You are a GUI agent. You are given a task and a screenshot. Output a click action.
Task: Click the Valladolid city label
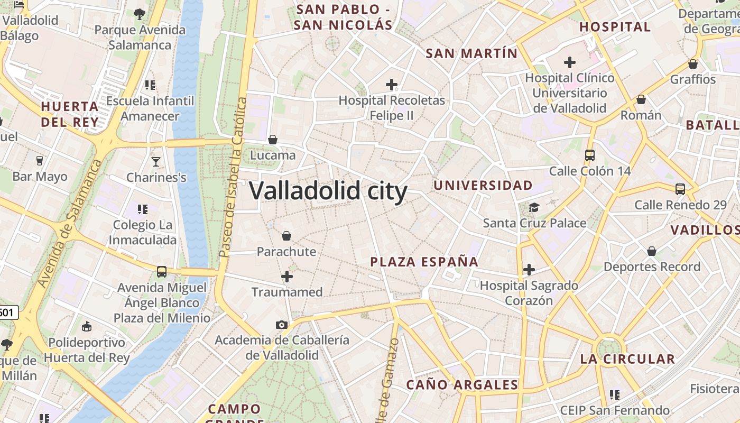[x=328, y=191]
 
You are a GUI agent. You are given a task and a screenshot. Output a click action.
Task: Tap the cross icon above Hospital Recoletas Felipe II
[x=392, y=84]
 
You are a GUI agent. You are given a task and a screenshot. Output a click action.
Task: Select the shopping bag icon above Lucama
[x=273, y=140]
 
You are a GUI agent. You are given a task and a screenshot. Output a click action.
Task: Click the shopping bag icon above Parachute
[x=286, y=235]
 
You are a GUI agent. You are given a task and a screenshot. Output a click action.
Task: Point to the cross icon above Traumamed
[x=287, y=276]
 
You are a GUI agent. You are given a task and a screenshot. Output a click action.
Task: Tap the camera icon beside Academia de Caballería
[x=282, y=325]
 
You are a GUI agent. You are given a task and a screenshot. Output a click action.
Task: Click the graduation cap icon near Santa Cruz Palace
[x=534, y=207]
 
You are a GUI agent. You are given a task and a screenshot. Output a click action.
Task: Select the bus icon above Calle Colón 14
[x=590, y=155]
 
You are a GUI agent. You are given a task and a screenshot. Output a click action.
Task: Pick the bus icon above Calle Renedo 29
[x=680, y=189]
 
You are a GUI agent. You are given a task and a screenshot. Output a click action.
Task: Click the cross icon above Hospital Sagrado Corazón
[x=529, y=270]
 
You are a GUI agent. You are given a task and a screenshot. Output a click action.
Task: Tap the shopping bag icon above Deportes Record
[x=652, y=251]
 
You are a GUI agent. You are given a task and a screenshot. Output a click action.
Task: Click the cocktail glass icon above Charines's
[x=156, y=161]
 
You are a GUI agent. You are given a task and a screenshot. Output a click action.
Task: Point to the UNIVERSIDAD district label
[x=483, y=185]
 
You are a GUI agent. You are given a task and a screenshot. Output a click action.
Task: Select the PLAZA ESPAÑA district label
[x=424, y=262]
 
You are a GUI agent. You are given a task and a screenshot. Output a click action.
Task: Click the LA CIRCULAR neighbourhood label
[x=627, y=359]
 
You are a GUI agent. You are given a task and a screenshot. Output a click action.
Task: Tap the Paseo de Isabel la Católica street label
[x=233, y=177]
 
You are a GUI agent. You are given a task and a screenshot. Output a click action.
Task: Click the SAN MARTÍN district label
[x=471, y=53]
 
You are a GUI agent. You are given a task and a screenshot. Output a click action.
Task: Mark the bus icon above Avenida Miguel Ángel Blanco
[x=162, y=272]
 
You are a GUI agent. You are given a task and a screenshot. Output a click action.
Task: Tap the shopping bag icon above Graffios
[x=693, y=64]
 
